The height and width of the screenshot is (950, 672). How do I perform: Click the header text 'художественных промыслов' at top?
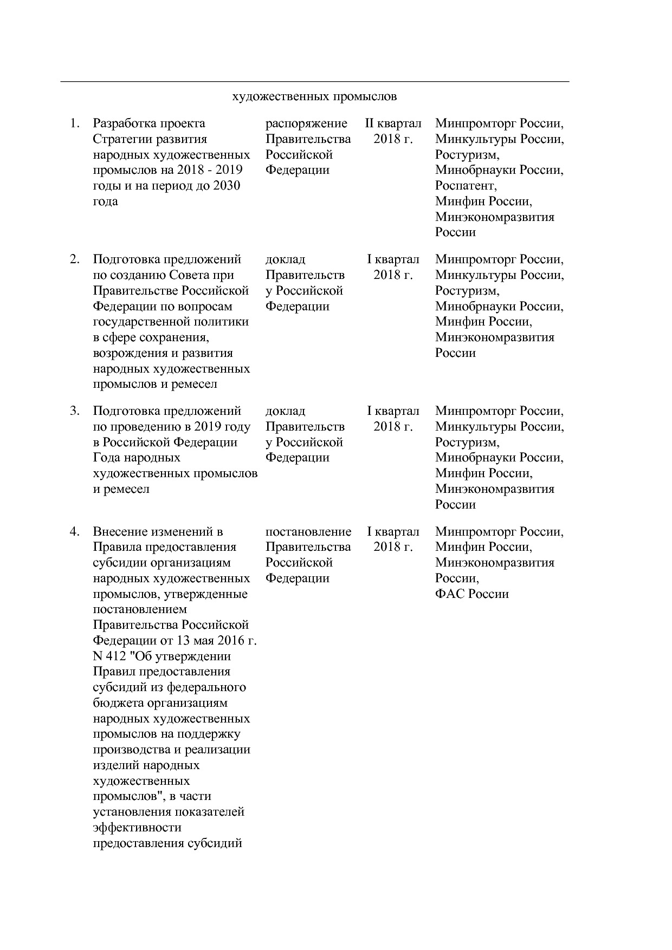click(x=314, y=97)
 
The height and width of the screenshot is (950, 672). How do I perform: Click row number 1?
click(x=75, y=123)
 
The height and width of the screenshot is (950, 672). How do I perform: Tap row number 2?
click(x=75, y=259)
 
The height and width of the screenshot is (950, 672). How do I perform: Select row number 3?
click(x=75, y=411)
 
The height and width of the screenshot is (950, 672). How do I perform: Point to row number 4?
click(x=75, y=531)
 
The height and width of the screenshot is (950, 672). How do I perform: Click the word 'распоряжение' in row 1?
click(x=306, y=123)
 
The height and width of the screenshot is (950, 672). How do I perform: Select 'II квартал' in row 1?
click(x=393, y=123)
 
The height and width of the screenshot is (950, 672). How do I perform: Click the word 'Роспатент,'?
click(x=466, y=186)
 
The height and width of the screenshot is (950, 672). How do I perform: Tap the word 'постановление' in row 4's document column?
click(x=308, y=531)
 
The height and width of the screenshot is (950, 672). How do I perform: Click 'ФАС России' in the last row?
click(x=471, y=594)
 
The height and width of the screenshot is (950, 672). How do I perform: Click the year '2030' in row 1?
click(x=227, y=186)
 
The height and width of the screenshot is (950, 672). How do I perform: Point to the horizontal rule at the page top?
click(x=314, y=82)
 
